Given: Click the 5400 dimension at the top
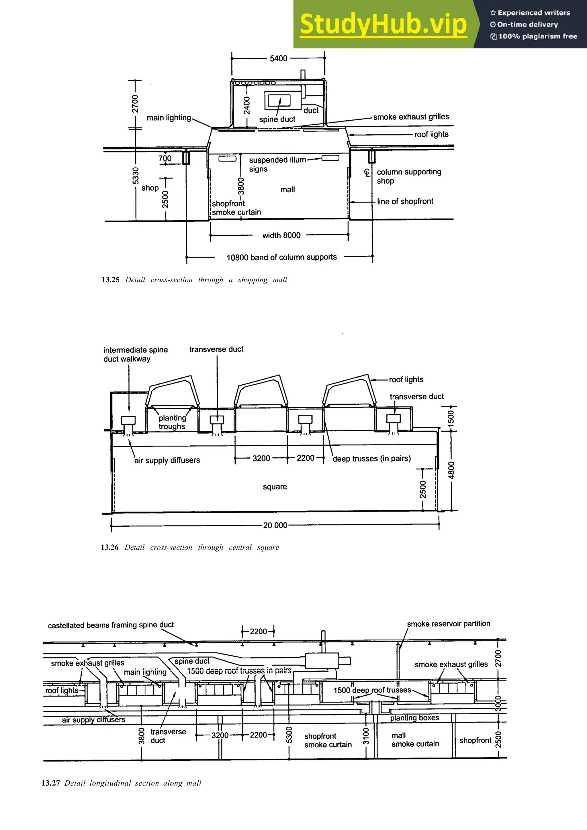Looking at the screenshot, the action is pyautogui.click(x=279, y=58).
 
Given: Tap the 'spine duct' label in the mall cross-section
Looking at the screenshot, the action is pyautogui.click(x=277, y=119).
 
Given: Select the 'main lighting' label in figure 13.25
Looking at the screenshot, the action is pyautogui.click(x=169, y=118).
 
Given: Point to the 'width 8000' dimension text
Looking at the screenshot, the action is pyautogui.click(x=281, y=236).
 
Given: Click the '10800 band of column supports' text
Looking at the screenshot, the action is pyautogui.click(x=281, y=257).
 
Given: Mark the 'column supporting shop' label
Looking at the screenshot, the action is pyautogui.click(x=409, y=176).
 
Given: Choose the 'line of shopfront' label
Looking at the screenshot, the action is pyautogui.click(x=405, y=202).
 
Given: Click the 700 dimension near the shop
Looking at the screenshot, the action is pyautogui.click(x=165, y=158).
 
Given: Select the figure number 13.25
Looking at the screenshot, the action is pyautogui.click(x=110, y=280).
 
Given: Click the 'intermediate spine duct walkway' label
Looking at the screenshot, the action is pyautogui.click(x=135, y=354).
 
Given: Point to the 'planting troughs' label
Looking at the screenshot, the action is pyautogui.click(x=172, y=422).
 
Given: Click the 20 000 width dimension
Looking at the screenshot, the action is pyautogui.click(x=275, y=525).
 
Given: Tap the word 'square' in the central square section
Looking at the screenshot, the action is pyautogui.click(x=275, y=487).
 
